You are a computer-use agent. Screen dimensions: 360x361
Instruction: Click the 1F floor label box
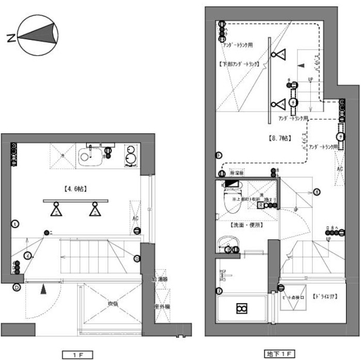click(x=77, y=354)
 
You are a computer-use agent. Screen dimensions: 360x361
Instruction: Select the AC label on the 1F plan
click(x=135, y=218)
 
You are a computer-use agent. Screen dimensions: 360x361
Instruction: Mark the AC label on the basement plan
click(x=340, y=169)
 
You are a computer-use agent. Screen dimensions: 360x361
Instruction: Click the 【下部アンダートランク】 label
click(x=238, y=65)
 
